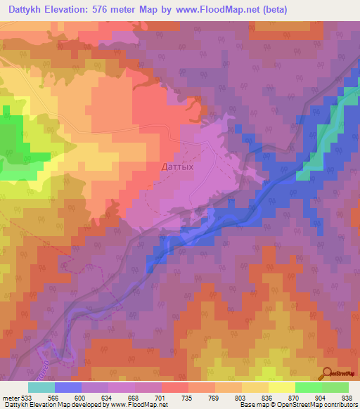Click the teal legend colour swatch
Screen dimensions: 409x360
[x=41, y=387]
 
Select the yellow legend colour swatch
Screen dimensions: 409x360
[x=281, y=387]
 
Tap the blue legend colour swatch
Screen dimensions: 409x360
[x=68, y=387]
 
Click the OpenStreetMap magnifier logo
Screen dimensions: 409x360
[x=326, y=372]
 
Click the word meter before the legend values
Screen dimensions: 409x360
[x=12, y=398]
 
